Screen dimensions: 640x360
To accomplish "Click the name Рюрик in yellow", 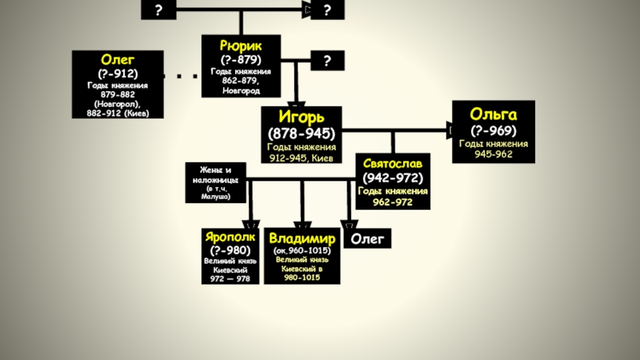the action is (x=241, y=44).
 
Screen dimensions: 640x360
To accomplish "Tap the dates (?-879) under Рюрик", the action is (x=241, y=59).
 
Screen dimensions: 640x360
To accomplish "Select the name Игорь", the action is (x=302, y=117).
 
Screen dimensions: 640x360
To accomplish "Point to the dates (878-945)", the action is (x=302, y=133).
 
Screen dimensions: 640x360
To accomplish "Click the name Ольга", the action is (x=493, y=114).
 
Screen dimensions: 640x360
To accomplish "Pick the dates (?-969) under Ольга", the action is (x=493, y=130).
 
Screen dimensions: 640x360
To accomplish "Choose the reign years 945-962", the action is (x=493, y=154).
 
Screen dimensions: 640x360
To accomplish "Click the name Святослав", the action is (x=392, y=162).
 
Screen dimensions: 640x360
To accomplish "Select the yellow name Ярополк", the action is (x=230, y=238).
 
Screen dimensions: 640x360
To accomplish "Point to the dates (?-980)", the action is (x=230, y=250).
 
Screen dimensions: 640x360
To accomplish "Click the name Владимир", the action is (x=302, y=238).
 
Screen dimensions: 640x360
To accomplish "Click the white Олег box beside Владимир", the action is (x=369, y=238).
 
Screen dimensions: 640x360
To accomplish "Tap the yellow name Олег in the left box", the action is (x=117, y=59).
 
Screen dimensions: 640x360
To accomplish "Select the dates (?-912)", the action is (x=117, y=73).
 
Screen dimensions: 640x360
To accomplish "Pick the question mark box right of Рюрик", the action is (x=327, y=62).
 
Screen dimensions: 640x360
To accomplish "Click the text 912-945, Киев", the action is (x=302, y=157).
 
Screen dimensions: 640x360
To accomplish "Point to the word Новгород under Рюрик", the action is (x=241, y=90).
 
